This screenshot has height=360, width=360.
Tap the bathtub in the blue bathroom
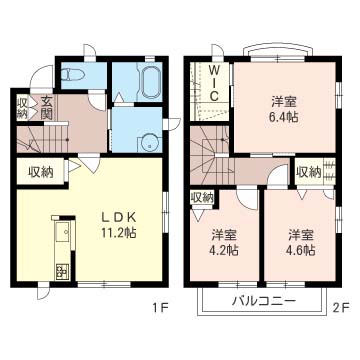[x=150, y=82]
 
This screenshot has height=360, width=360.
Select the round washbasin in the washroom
[x=149, y=143]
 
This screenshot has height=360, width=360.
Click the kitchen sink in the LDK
[x=62, y=231]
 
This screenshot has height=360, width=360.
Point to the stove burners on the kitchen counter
[x=62, y=272]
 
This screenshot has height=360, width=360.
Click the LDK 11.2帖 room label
[x=119, y=226]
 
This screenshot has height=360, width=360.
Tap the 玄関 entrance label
[x=46, y=107]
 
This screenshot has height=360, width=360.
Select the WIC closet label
[x=214, y=83]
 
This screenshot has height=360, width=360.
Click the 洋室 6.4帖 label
[x=284, y=109]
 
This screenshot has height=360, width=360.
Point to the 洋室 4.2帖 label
[x=225, y=243]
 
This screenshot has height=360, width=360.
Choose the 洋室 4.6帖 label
[x=301, y=243]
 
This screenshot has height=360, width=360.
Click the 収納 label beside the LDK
[x=41, y=172]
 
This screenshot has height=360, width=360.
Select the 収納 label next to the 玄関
[x=23, y=107]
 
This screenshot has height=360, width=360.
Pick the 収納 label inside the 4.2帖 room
[x=202, y=198]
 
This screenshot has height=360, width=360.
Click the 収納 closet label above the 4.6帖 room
[x=309, y=172]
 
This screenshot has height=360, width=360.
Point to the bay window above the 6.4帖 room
[x=278, y=53]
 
